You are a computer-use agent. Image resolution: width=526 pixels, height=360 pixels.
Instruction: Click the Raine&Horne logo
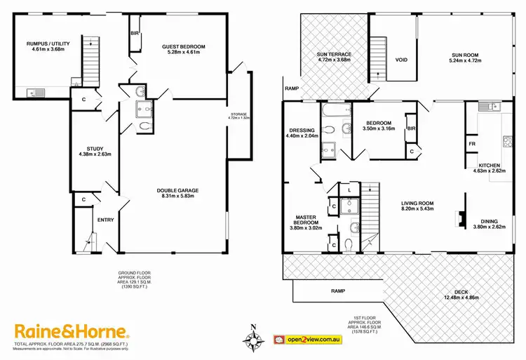click(x=72, y=331)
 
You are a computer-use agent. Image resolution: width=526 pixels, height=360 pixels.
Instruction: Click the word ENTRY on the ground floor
click(x=105, y=219)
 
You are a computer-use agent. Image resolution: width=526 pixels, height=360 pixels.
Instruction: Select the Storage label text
click(x=240, y=115)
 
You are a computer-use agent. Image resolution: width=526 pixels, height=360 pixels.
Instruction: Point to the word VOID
click(x=401, y=60)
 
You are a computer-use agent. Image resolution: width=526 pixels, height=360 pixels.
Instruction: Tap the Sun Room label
click(x=462, y=55)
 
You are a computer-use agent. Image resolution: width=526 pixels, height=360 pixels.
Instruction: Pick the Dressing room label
click(x=304, y=131)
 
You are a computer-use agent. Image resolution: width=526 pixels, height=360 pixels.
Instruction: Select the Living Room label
click(x=417, y=204)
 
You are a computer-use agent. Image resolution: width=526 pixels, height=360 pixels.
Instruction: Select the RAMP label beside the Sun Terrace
click(x=292, y=88)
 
